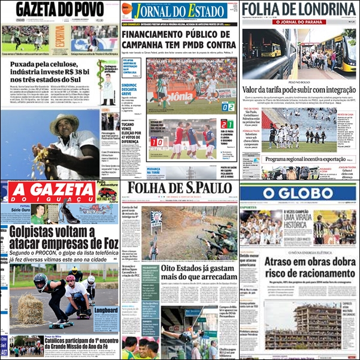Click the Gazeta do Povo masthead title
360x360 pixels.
coord(60,10)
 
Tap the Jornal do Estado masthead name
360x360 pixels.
coord(180,11)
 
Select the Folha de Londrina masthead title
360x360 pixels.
coord(300,10)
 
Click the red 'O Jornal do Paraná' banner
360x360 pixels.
coord(300,22)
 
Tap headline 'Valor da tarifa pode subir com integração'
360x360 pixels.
coord(300,90)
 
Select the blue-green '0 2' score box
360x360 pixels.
coord(228,107)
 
